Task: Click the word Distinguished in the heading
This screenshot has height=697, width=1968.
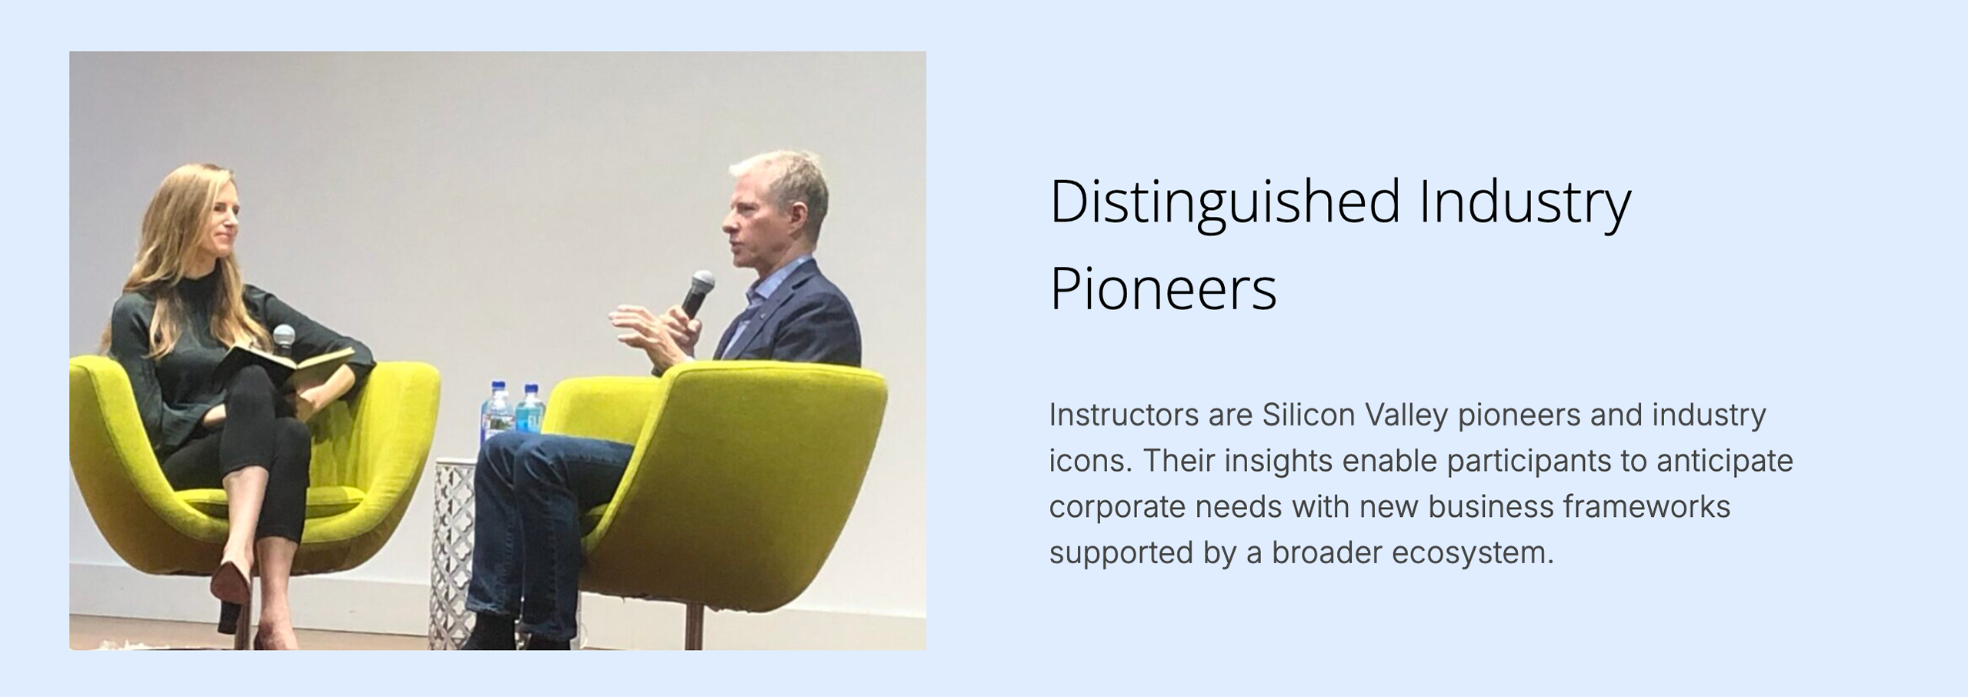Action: (1225, 202)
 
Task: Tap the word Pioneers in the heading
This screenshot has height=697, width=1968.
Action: (1163, 289)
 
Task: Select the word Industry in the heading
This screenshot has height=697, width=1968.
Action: (1525, 202)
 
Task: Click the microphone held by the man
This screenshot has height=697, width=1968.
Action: (698, 294)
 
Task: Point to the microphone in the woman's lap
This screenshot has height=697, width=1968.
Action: (284, 339)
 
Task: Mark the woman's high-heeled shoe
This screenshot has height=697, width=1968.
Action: (232, 594)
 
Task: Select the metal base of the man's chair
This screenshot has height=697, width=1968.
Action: (693, 626)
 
